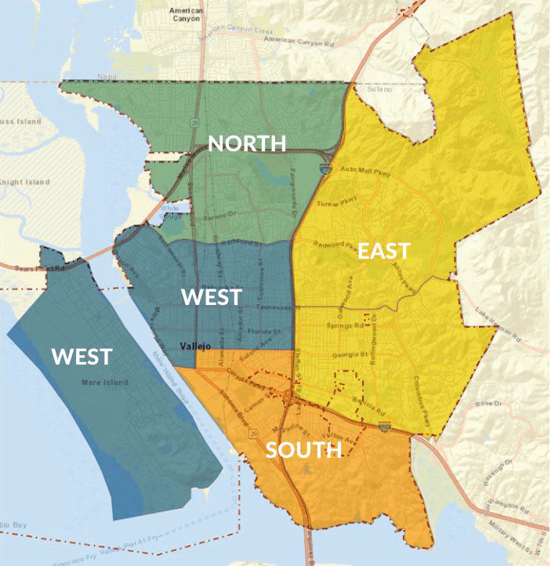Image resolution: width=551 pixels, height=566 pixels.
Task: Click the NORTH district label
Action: point(246,143)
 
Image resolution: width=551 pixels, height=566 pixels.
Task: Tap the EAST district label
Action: point(383,251)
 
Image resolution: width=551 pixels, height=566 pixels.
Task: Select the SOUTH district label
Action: point(303,450)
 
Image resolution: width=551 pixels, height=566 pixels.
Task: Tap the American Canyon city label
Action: point(186,13)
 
